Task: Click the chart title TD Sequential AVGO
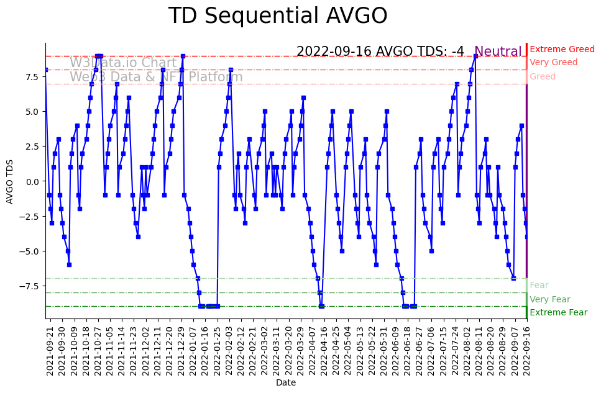pos(278,16)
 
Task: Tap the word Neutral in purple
pos(498,52)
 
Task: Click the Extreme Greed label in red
pos(562,49)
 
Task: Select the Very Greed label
pos(553,63)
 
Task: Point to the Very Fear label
pos(549,299)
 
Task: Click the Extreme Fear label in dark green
pos(558,312)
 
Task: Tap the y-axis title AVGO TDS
pos(9,181)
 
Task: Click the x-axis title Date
pos(286,383)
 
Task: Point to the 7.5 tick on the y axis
pos(32,77)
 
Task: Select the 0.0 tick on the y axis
pos(32,181)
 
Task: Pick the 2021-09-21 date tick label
pos(50,350)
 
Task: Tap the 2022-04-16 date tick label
pos(324,350)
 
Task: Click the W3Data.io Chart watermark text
pos(123,63)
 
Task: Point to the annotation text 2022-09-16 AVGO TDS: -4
pos(380,52)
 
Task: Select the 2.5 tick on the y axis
pos(32,147)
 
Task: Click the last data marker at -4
pos(526,237)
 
